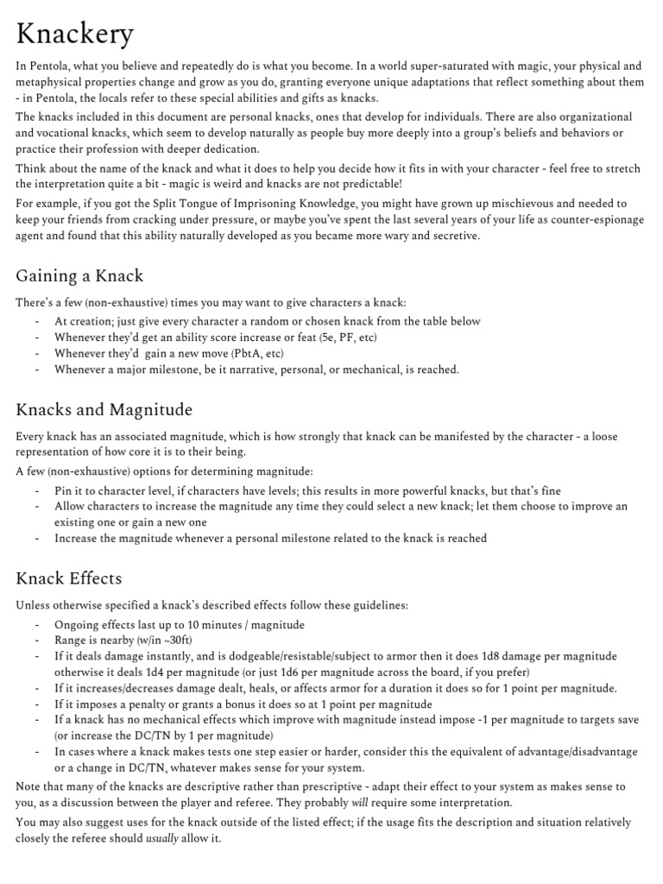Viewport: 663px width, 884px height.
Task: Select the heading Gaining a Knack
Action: pos(79,276)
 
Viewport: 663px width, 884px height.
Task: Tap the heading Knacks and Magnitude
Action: pos(104,409)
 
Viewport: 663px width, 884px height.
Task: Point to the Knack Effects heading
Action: pos(68,578)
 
